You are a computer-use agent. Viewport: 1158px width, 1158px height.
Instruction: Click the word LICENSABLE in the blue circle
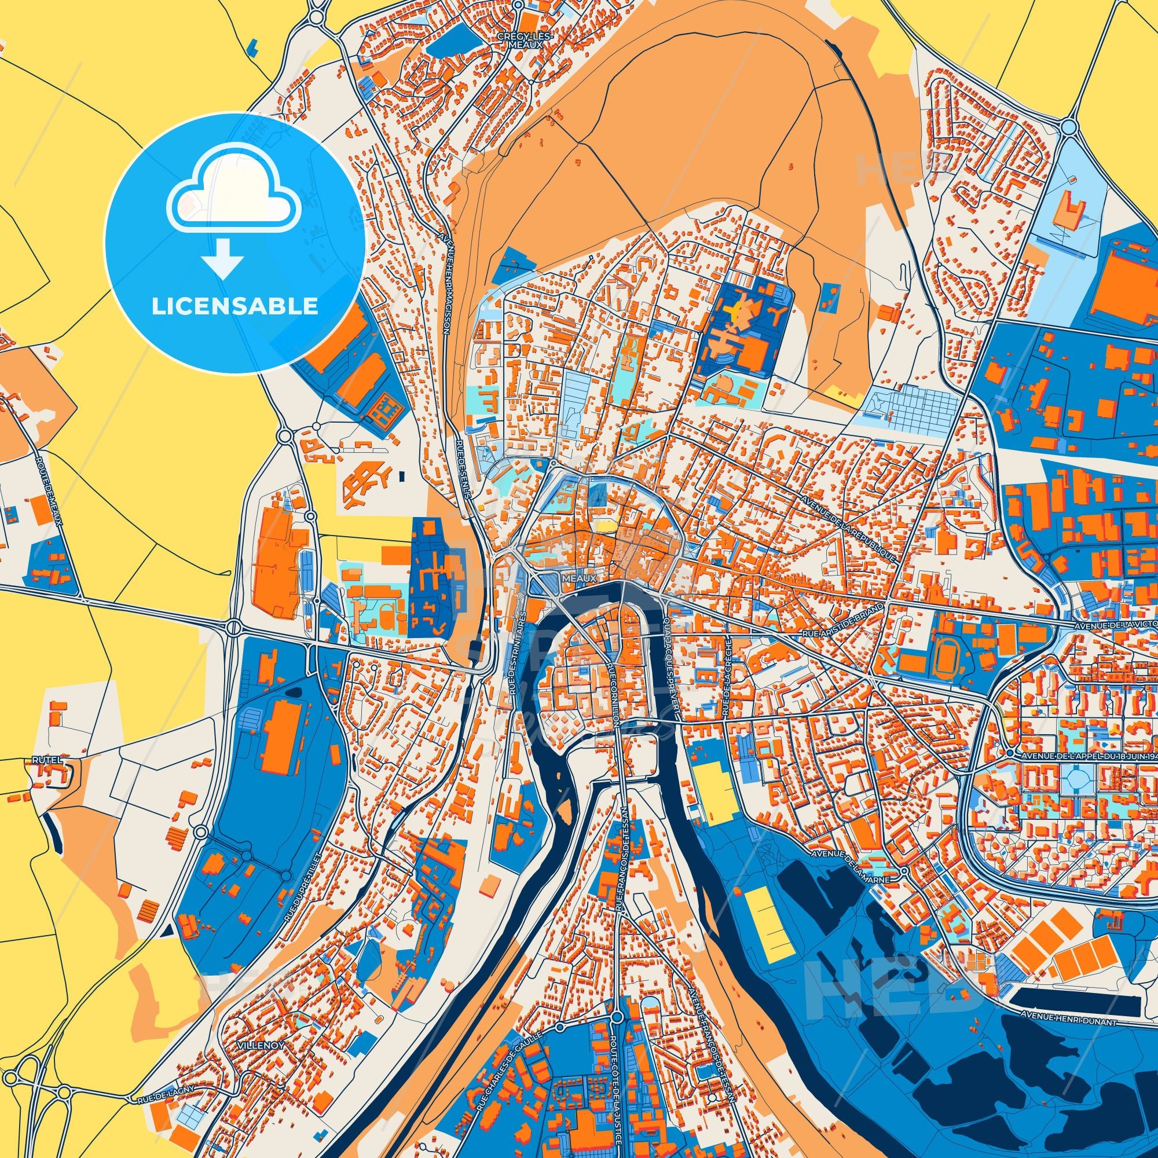[234, 306]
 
